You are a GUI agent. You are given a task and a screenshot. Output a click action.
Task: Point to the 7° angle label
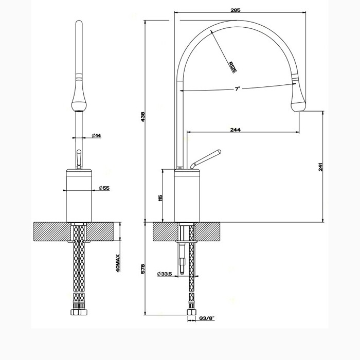tap(237, 89)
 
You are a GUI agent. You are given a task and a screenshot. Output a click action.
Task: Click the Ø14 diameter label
tap(96, 135)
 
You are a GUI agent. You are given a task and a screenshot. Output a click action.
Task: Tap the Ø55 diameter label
tap(103, 189)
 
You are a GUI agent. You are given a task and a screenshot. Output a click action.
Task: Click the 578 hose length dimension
tap(143, 268)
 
